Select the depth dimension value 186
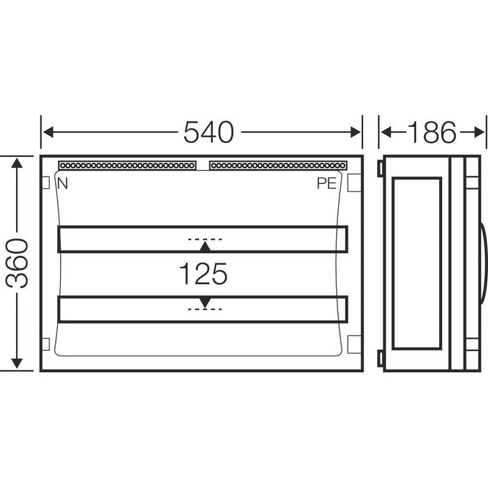432,131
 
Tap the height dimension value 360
15,263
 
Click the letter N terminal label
63,184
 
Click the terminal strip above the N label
127,166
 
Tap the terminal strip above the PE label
276,166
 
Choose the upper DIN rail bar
202,238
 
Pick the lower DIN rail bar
202,310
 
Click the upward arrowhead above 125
204,247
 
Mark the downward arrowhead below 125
204,301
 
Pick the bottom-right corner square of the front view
353,344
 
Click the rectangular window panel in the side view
417,264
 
